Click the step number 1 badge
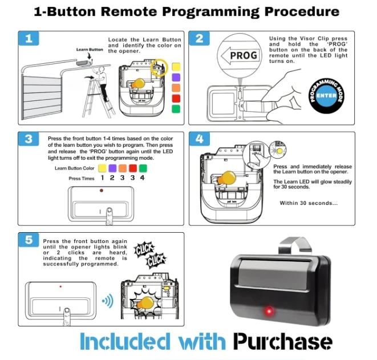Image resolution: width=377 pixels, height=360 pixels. click(28, 39)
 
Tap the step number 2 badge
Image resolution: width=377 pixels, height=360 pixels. click(199, 39)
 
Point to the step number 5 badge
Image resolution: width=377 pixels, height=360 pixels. click(28, 240)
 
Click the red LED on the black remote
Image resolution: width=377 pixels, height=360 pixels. click(268, 312)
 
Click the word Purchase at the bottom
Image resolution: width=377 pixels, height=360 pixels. click(282, 342)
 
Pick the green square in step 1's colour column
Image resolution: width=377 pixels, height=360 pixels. click(176, 109)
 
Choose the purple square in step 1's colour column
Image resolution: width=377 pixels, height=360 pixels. click(176, 77)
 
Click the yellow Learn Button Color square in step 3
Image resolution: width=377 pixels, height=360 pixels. click(102, 168)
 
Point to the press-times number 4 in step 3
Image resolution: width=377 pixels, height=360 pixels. click(143, 178)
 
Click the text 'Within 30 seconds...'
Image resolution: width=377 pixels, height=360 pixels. click(309, 203)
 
